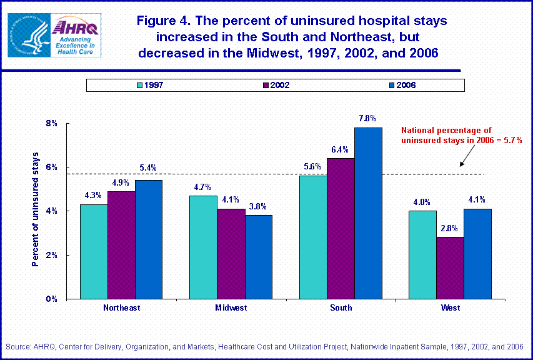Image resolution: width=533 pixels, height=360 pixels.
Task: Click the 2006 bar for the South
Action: coord(368,213)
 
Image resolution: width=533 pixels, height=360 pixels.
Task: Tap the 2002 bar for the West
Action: coord(450,267)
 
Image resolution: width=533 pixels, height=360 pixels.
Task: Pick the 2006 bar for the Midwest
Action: coord(259,257)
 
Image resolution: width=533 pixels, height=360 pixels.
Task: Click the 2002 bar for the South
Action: coord(341,228)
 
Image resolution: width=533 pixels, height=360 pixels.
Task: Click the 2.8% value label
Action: coord(450,228)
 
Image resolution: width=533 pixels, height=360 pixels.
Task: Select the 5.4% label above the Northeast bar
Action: coord(148,168)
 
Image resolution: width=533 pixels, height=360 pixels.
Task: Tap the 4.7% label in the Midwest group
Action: coord(204,187)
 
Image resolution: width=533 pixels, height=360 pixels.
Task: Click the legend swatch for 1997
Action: coord(139,85)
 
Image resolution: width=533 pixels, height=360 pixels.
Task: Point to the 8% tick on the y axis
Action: coord(51,124)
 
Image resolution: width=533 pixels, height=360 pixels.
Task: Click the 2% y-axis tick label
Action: coord(51,255)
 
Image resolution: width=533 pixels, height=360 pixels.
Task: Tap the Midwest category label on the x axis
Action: coord(231,307)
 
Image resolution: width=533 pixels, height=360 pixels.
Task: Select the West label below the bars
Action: coord(450,307)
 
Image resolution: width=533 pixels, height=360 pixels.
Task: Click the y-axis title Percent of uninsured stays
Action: coord(36,209)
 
